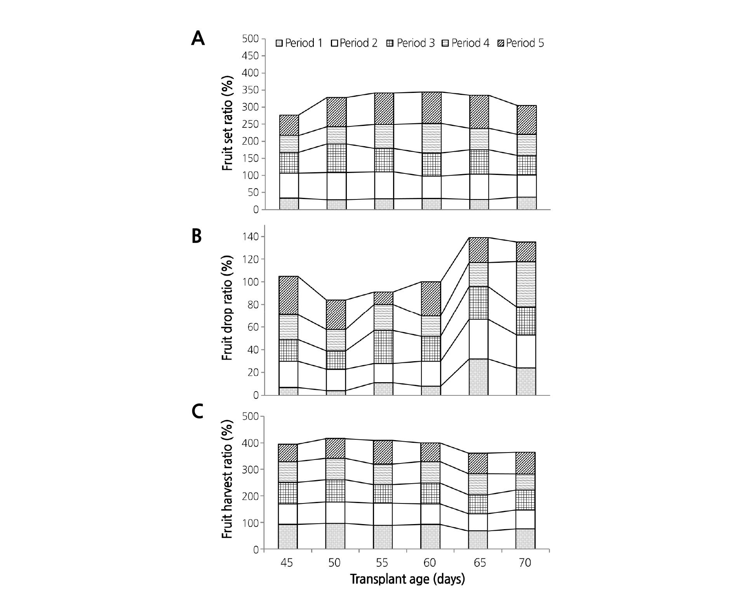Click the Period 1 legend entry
tap(299, 43)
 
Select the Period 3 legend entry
tap(411, 43)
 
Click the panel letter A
tap(198, 39)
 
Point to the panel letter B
tap(197, 236)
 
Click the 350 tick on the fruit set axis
tap(250, 90)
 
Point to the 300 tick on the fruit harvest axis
tap(250, 470)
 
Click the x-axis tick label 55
tap(382, 563)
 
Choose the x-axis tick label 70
tap(525, 563)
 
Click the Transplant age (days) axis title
tap(407, 579)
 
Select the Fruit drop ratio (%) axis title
tap(227, 308)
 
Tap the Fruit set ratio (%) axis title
tap(227, 124)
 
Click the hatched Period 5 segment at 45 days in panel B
tap(289, 295)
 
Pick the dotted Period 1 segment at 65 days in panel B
tap(479, 377)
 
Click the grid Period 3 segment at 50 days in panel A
tap(336, 158)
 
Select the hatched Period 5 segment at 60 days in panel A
tap(431, 108)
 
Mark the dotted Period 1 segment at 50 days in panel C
tap(335, 536)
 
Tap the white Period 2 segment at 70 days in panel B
tap(526, 351)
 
